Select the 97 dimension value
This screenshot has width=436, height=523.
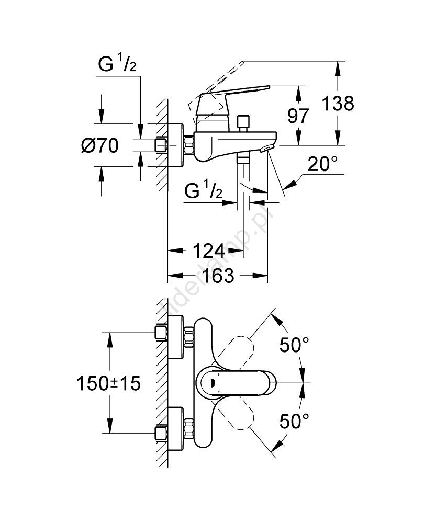click(x=299, y=116)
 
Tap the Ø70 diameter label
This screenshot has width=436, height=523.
click(x=100, y=145)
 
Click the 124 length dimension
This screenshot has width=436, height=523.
click(x=209, y=251)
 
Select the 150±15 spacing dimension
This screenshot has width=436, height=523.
click(x=109, y=384)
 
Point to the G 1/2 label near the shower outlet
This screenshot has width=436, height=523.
click(x=204, y=192)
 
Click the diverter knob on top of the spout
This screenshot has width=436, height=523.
click(x=242, y=122)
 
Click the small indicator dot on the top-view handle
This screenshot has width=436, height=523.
click(x=211, y=382)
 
